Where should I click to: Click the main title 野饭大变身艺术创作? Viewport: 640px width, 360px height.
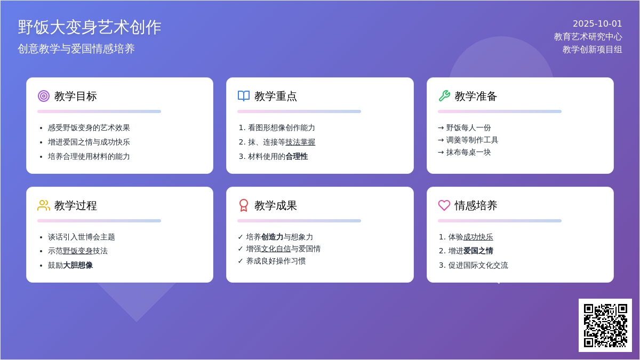tap(90, 27)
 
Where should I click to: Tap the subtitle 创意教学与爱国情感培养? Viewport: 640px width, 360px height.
tap(76, 49)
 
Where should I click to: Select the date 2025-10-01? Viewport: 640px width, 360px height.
tap(597, 24)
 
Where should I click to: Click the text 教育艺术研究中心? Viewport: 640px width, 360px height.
tap(588, 37)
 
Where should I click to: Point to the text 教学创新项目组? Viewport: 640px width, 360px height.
tap(592, 50)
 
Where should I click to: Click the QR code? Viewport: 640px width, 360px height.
tap(605, 325)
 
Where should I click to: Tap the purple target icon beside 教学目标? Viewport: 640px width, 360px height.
tap(44, 96)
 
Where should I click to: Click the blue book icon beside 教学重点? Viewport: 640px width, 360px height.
tap(244, 96)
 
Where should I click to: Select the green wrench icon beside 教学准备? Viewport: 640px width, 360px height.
tap(444, 96)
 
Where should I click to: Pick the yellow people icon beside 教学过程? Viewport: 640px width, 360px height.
tap(44, 205)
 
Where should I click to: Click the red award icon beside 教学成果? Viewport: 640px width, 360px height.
tap(244, 205)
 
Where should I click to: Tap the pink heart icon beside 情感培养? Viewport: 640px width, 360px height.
tap(444, 205)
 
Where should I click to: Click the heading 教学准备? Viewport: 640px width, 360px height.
tap(476, 97)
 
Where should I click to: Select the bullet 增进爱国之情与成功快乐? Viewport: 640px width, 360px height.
tap(89, 142)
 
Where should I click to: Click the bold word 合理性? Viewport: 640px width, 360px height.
tap(297, 157)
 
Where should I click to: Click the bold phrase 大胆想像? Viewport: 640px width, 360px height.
tap(78, 266)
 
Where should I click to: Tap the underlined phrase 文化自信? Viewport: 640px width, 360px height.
tap(276, 249)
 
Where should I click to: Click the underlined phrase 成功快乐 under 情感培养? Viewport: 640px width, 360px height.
tap(478, 237)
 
